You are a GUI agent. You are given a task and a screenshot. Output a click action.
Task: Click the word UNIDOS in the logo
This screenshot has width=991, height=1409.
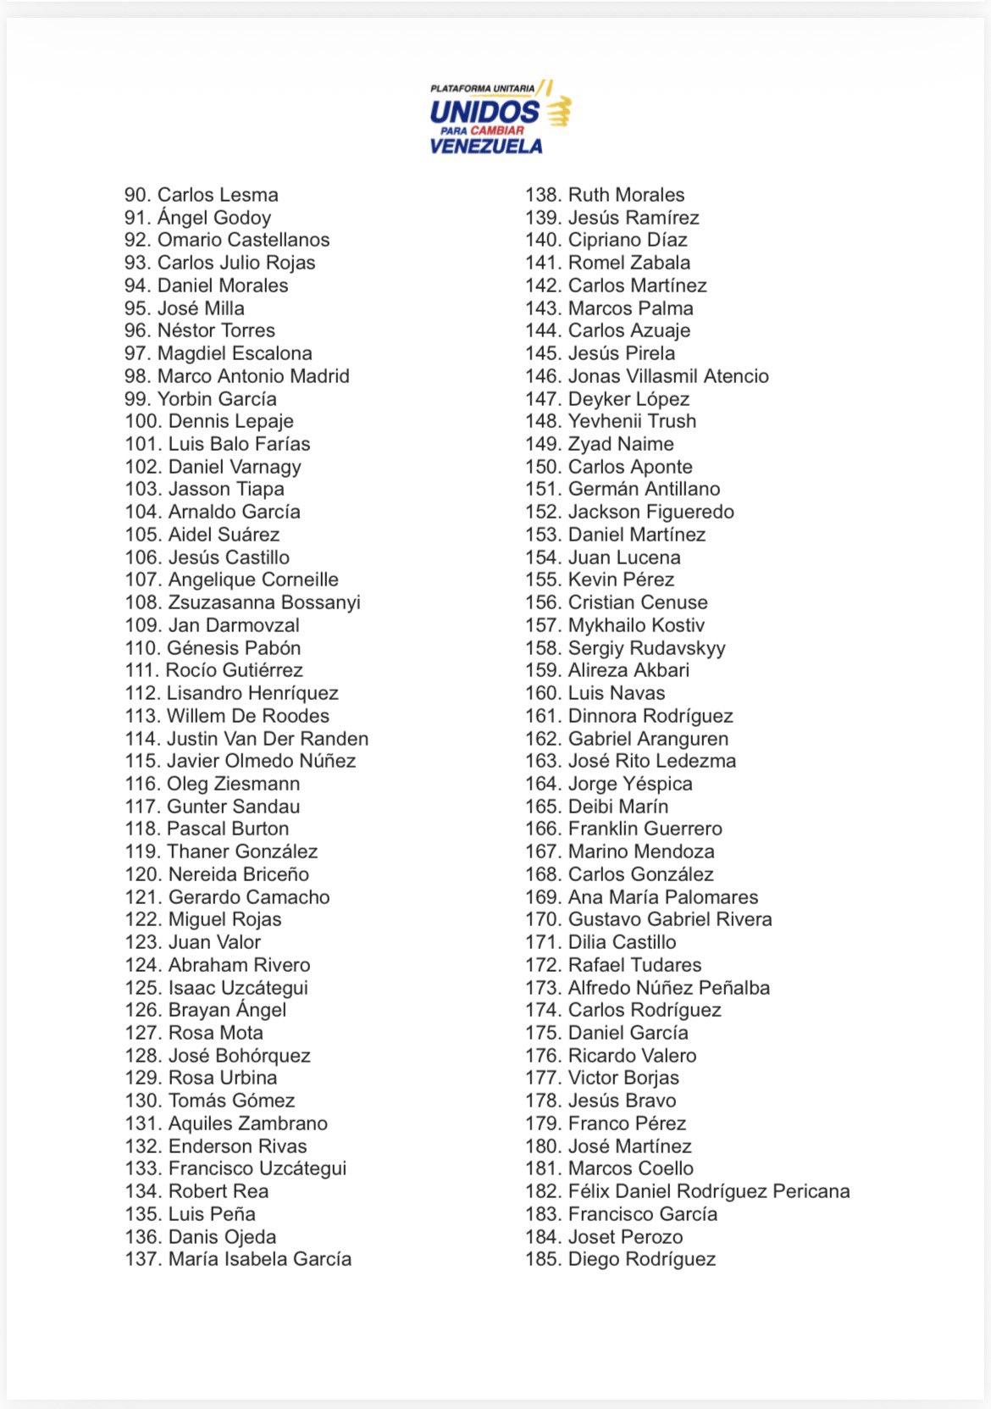(x=484, y=112)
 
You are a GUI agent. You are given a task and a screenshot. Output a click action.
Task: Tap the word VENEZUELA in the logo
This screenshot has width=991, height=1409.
(x=486, y=146)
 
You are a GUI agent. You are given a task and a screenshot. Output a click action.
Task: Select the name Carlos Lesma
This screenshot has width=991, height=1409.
(x=218, y=195)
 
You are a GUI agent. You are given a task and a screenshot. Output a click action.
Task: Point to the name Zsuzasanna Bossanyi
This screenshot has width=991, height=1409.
(x=264, y=602)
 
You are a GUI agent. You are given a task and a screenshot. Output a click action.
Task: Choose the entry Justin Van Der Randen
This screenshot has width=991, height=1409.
(x=267, y=739)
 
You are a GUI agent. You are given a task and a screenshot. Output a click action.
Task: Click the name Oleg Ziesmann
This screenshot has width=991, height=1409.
(x=233, y=784)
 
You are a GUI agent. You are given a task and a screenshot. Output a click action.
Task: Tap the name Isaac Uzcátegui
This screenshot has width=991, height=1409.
(x=238, y=988)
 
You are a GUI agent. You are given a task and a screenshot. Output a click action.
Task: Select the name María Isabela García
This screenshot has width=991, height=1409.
(x=259, y=1259)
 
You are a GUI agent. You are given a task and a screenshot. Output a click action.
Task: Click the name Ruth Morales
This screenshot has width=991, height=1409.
(x=626, y=195)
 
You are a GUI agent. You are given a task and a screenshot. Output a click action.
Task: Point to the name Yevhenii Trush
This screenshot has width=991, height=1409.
(x=632, y=421)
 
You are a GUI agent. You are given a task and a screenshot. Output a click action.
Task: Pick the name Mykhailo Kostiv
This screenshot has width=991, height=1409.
(x=636, y=625)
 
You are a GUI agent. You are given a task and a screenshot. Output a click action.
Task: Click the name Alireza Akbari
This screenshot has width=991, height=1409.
(x=628, y=670)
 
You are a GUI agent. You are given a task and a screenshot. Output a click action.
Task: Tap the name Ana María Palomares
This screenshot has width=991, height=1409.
(x=663, y=897)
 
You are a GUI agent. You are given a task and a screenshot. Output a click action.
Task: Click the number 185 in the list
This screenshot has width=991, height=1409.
(x=542, y=1259)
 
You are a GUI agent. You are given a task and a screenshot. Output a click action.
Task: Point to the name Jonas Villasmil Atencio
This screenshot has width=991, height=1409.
(x=668, y=376)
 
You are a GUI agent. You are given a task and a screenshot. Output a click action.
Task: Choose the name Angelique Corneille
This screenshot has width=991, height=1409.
(x=253, y=580)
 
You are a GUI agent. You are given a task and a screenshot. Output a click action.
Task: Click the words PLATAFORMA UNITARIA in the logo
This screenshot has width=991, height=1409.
(x=482, y=88)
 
